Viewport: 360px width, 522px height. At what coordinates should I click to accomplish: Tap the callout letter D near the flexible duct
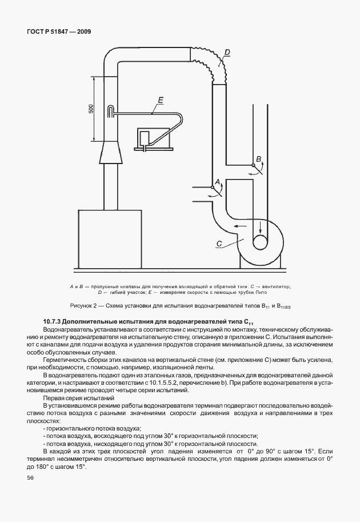pyautogui.click(x=227, y=53)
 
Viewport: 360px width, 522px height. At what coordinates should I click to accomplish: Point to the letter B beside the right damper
pyautogui.click(x=258, y=158)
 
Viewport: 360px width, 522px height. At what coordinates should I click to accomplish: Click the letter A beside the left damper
pyautogui.click(x=217, y=182)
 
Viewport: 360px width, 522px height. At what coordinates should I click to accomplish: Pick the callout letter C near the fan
pyautogui.click(x=219, y=244)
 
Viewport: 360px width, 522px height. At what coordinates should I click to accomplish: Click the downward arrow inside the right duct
pyautogui.click(x=260, y=226)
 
